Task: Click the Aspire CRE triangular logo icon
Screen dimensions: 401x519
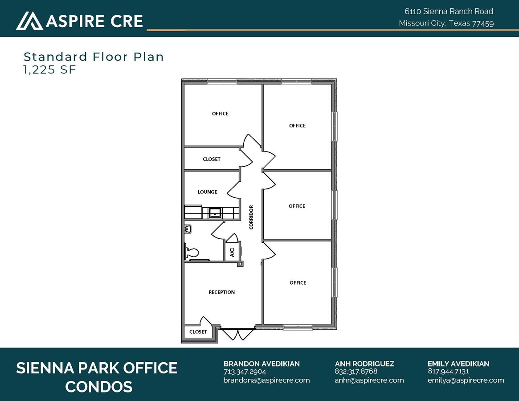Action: pos(29,21)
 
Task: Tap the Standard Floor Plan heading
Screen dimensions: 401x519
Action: pos(94,57)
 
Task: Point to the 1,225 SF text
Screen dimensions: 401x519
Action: pos(50,70)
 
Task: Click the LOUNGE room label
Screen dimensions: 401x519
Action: pos(208,192)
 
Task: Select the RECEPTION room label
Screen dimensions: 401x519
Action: pos(221,292)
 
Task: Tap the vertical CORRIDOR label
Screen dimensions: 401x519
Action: pos(251,217)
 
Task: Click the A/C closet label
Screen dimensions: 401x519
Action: pos(232,253)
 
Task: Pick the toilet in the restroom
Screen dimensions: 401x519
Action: pos(192,253)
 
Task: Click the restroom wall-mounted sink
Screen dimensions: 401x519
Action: pos(188,229)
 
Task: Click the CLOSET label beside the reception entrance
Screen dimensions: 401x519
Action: pos(198,332)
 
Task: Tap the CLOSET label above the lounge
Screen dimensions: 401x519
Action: pos(212,159)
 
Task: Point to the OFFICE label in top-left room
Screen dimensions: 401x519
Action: pos(220,114)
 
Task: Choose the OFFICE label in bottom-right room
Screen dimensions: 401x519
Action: pos(298,282)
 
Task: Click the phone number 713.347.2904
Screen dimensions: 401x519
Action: pos(245,372)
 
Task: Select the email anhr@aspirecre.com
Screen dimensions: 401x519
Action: pos(369,380)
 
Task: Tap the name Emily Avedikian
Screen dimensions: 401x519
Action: pos(458,364)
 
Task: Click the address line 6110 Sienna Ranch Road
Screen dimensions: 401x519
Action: pos(449,12)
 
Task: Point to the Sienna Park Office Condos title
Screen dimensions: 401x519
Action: pos(97,377)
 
